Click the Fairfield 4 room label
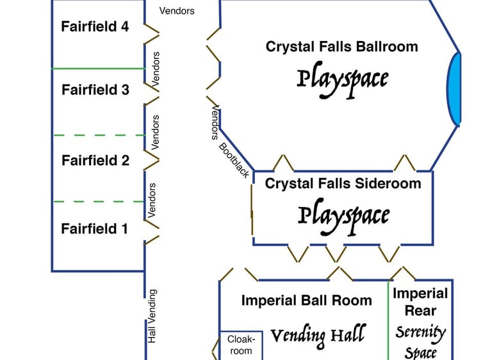pyautogui.click(x=95, y=27)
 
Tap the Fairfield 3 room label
pyautogui.click(x=95, y=90)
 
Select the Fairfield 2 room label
pyautogui.click(x=95, y=161)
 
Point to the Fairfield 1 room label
pyautogui.click(x=94, y=229)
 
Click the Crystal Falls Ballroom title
pyautogui.click(x=341, y=47)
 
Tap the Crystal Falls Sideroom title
pyautogui.click(x=343, y=184)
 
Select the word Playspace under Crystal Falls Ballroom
pyautogui.click(x=343, y=79)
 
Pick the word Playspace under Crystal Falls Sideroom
pyautogui.click(x=343, y=216)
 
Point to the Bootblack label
pyautogui.click(x=234, y=160)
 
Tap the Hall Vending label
pyautogui.click(x=152, y=316)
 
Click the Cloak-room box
pyautogui.click(x=241, y=345)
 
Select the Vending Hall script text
pyautogui.click(x=318, y=335)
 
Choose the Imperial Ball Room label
pyautogui.click(x=306, y=300)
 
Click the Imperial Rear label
pyautogui.click(x=420, y=302)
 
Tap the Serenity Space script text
pyautogui.click(x=420, y=342)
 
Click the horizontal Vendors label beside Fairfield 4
pyautogui.click(x=177, y=10)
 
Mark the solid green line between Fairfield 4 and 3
pyautogui.click(x=98, y=68)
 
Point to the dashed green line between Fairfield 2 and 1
pyautogui.click(x=98, y=202)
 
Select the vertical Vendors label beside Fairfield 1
pyautogui.click(x=152, y=200)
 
